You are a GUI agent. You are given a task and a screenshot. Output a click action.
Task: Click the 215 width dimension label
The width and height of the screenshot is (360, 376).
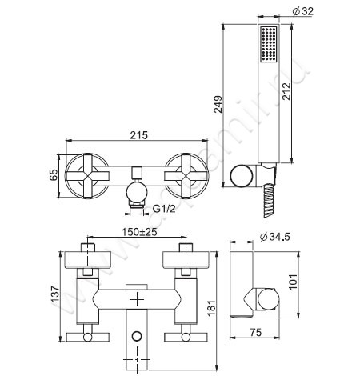click(x=138, y=135)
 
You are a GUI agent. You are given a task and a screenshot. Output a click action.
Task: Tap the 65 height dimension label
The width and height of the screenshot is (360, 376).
click(x=54, y=175)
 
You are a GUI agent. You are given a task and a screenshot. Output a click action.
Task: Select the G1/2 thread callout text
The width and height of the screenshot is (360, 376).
click(x=164, y=209)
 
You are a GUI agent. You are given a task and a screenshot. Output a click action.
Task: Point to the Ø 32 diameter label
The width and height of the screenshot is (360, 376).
click(x=303, y=11)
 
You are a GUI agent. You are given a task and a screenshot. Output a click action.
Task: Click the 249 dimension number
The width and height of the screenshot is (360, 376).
click(x=218, y=105)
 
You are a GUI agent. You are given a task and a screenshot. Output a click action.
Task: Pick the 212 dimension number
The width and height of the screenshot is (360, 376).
click(x=286, y=91)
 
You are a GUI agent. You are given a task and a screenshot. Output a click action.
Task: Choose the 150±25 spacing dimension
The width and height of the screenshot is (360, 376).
click(x=139, y=232)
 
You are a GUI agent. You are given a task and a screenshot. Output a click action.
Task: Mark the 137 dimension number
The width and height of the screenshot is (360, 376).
click(x=55, y=294)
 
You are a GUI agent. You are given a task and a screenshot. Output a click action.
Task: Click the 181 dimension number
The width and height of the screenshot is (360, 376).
click(x=211, y=308)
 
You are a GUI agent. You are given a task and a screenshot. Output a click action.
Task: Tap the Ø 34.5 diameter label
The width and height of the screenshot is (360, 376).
click(x=274, y=237)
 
